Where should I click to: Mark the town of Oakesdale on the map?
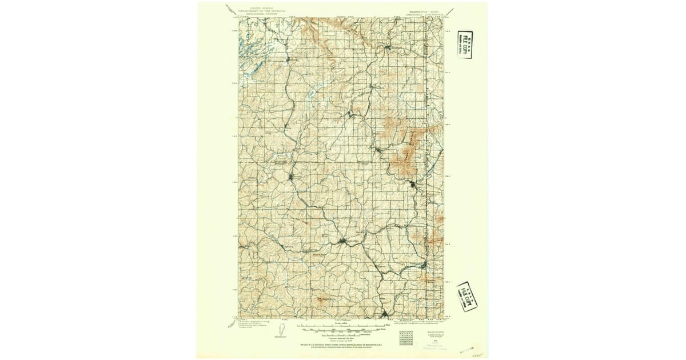[342, 242]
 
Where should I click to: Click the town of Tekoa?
[413, 184]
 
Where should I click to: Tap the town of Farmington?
[424, 266]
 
